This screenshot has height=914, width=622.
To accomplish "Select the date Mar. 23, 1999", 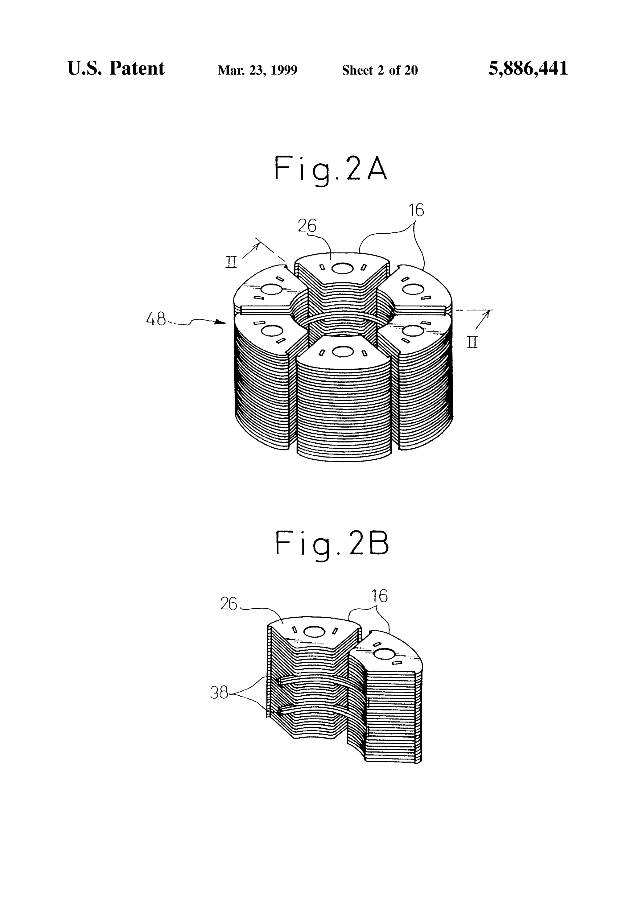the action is (258, 70).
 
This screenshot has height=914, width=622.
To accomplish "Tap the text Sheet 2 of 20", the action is (380, 70).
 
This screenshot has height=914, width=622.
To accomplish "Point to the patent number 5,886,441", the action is (528, 68).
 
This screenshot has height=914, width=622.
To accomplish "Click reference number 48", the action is (156, 319).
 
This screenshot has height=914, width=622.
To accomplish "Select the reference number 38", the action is (219, 692).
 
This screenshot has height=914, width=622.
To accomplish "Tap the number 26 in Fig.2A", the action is (307, 226).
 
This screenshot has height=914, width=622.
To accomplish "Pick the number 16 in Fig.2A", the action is (416, 211).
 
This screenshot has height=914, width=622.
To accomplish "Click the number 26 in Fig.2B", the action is (228, 604).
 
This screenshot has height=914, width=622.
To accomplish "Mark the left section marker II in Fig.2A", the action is (231, 262).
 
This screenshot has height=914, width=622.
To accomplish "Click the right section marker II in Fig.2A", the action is (472, 342).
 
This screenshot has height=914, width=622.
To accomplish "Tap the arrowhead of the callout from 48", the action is (221, 322).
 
